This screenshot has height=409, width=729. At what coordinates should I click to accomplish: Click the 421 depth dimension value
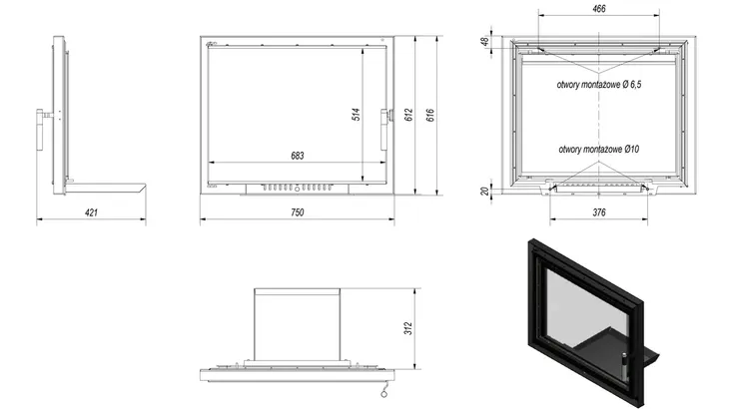click(91, 212)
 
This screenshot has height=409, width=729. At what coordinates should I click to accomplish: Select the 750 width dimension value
click(297, 212)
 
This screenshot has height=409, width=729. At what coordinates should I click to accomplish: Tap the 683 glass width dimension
click(297, 156)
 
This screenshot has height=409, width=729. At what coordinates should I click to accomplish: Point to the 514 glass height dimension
click(357, 115)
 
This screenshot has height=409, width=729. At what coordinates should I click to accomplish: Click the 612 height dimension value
click(408, 115)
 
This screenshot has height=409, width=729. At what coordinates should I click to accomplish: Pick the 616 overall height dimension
click(430, 115)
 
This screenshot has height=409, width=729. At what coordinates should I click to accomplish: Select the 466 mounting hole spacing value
click(599, 9)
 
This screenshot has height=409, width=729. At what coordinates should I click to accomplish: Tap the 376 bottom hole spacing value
click(599, 212)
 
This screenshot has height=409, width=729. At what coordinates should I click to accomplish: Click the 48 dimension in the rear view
click(485, 41)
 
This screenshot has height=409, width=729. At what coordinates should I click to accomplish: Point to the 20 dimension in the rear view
click(485, 192)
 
